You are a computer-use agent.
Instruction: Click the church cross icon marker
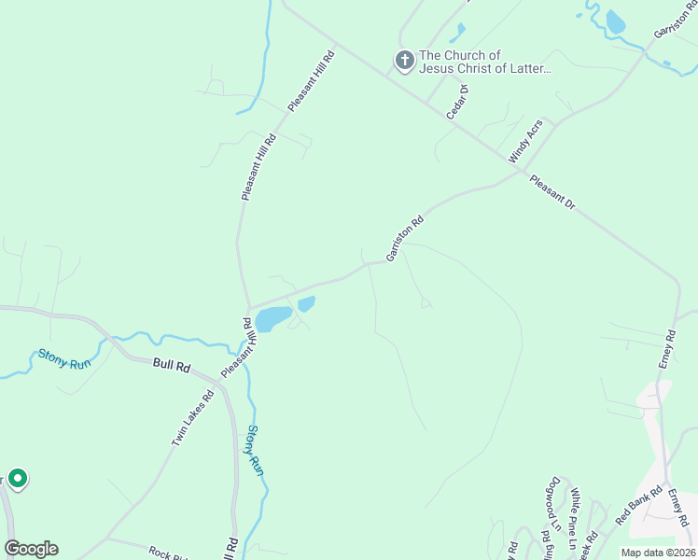[404, 62]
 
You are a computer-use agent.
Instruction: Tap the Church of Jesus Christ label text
[485, 62]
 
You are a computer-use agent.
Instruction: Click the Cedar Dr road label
[456, 101]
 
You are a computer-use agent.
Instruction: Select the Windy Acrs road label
[524, 142]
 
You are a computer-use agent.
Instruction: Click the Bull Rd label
[172, 367]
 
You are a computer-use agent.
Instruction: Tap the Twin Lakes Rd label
[192, 418]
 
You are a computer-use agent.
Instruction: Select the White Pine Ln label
[576, 511]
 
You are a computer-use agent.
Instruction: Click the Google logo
[31, 548]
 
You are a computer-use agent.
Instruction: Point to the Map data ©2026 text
[658, 553]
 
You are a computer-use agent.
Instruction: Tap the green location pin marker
[18, 478]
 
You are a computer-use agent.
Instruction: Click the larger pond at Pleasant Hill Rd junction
[273, 319]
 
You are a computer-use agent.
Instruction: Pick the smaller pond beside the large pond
[306, 303]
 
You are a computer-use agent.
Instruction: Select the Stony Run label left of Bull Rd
[63, 359]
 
